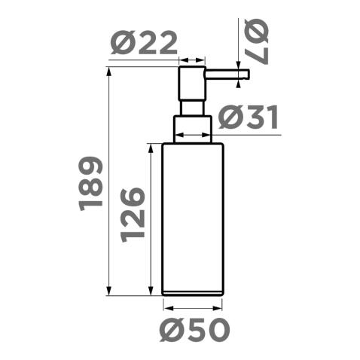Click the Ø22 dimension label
145,44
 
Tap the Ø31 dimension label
249,118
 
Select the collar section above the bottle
192,128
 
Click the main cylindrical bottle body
193,215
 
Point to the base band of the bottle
193,291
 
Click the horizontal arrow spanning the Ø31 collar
193,136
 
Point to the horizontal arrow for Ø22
191,60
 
